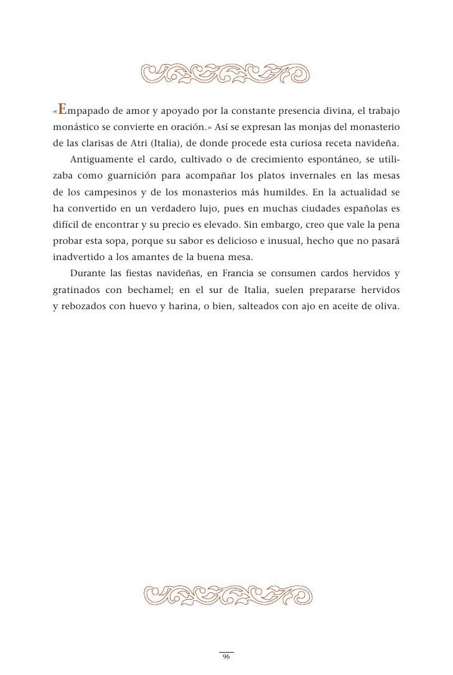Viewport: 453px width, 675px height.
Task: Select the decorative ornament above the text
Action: [x=226, y=73]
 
